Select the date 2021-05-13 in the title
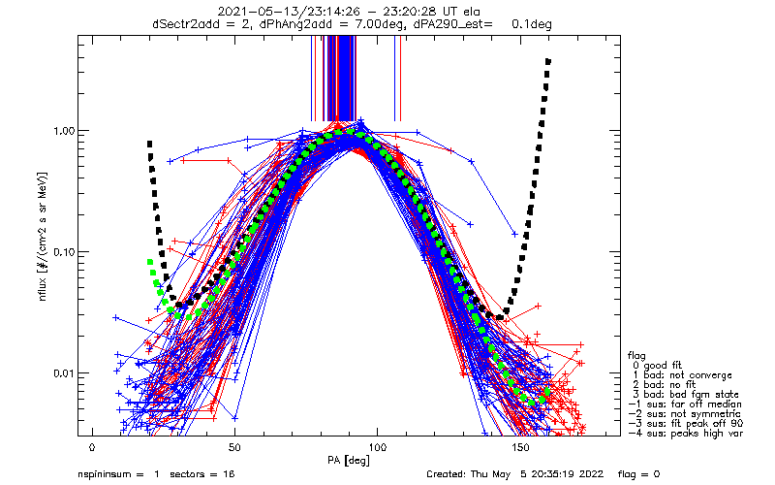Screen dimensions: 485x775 pos(275,12)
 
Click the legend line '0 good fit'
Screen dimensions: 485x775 pos(660,364)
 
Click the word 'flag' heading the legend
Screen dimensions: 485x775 pos(635,354)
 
